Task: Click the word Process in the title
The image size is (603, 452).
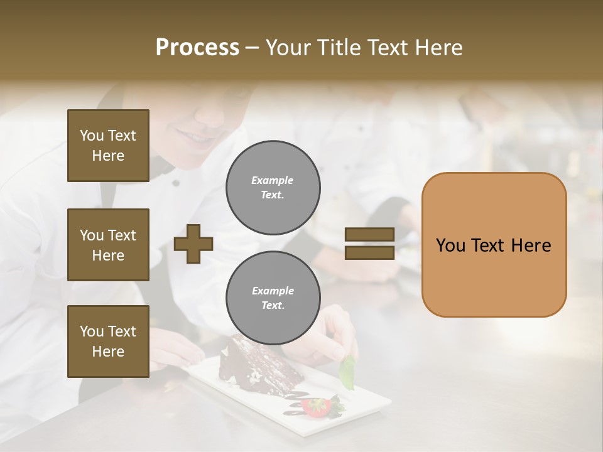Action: [197, 48]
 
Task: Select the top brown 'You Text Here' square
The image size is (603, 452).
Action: [108, 146]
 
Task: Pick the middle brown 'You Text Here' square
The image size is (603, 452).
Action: [108, 245]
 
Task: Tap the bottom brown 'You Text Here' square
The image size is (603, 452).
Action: [108, 342]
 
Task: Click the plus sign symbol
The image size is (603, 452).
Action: [193, 244]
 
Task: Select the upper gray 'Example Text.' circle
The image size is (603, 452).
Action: [273, 188]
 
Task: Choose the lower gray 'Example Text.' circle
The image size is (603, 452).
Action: [273, 298]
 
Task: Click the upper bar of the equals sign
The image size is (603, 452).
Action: [369, 235]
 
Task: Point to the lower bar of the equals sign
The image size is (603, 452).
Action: [369, 252]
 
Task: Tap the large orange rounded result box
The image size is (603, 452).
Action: [494, 244]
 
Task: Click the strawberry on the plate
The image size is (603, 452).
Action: [315, 407]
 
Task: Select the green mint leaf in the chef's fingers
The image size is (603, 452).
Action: [347, 373]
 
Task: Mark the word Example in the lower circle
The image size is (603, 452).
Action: [273, 291]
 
